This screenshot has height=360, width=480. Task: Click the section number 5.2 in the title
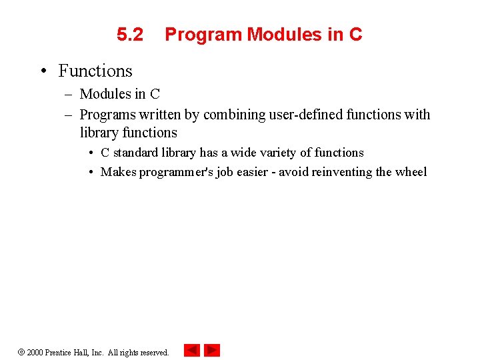coord(130,35)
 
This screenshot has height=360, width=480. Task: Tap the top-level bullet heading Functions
coord(95,71)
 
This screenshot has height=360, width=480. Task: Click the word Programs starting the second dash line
coord(106,115)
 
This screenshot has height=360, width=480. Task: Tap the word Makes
coord(118,172)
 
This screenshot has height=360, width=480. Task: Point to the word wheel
coord(411,172)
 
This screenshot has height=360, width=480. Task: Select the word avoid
coord(294,172)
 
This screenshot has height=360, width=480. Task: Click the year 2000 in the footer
coord(35,353)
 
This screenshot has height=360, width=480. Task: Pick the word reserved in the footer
coord(154,353)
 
